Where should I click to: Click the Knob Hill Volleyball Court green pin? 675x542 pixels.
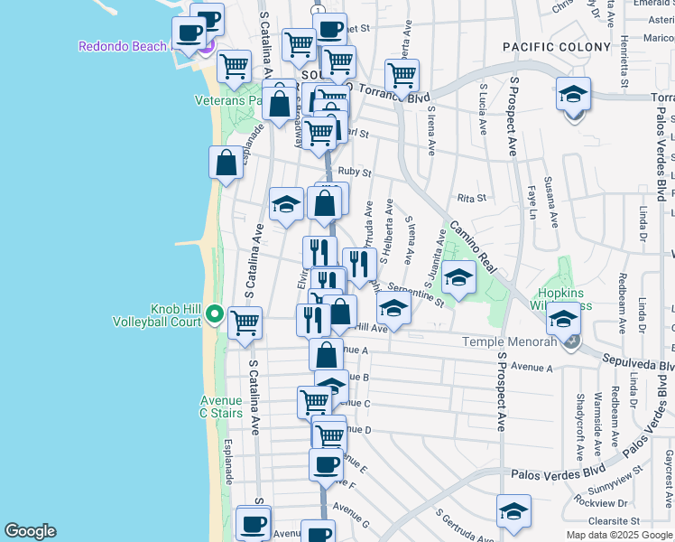tap(214, 314)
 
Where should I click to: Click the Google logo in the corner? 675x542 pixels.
tap(30, 531)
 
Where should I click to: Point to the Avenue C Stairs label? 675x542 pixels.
tap(221, 406)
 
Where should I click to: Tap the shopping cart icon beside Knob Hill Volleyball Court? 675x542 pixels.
tap(245, 322)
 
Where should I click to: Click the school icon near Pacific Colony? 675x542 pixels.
tap(573, 95)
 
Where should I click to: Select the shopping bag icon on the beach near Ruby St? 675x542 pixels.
tap(227, 163)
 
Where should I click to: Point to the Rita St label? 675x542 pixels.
tap(471, 198)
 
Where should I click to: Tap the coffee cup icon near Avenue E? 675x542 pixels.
tap(326, 465)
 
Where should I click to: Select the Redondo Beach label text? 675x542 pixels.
tap(122, 46)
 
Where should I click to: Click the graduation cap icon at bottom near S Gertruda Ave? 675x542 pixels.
tap(513, 511)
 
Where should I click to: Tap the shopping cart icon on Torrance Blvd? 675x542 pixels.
tap(402, 75)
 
